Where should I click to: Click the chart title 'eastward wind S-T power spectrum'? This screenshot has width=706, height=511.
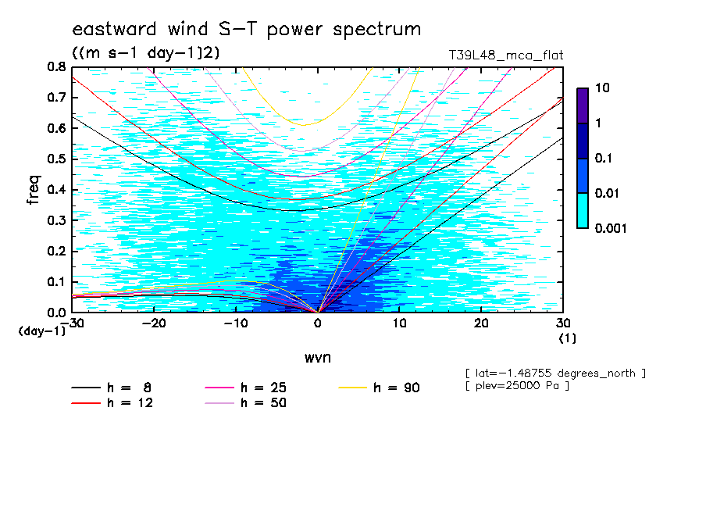click(x=247, y=30)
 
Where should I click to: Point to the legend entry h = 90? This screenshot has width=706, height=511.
click(x=380, y=388)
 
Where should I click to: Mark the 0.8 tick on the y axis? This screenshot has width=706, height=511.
click(x=55, y=67)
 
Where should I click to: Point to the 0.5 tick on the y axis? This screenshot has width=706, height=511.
click(x=55, y=159)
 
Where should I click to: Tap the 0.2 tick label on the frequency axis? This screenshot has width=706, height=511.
click(x=55, y=251)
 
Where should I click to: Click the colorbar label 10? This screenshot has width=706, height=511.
click(x=601, y=89)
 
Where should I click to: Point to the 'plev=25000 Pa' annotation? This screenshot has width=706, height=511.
click(x=517, y=386)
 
